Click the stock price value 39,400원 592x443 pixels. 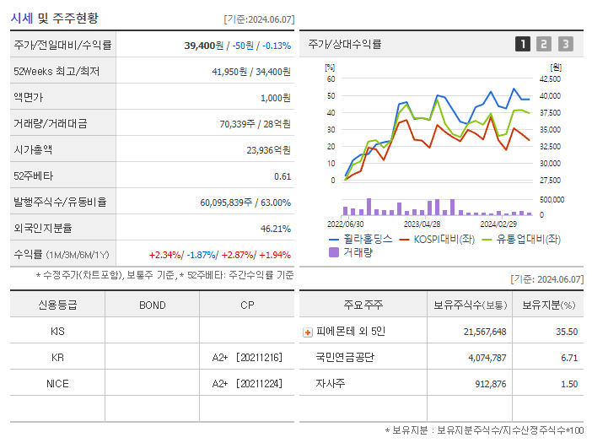click(204, 46)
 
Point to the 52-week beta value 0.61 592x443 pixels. click(283, 176)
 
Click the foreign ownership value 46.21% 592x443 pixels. click(276, 228)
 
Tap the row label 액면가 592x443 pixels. click(29, 97)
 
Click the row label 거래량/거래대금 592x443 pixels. click(50, 123)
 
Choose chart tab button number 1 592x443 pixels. click(523, 44)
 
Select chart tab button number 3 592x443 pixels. click(565, 44)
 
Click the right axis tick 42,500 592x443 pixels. click(549, 79)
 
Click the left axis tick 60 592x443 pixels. click(331, 79)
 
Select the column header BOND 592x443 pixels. click(152, 305)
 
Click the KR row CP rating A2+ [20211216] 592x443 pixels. click(247, 358)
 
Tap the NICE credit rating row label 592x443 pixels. click(57, 384)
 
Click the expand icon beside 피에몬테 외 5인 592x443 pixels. click(308, 332)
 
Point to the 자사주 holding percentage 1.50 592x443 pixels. click(568, 384)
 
